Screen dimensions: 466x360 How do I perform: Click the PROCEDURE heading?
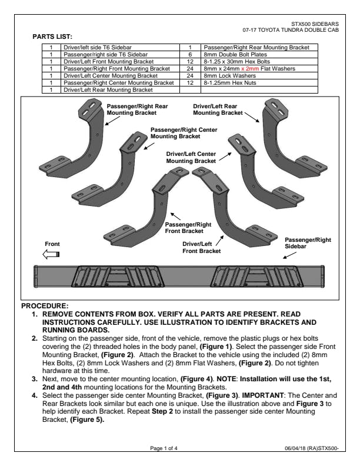[45, 306]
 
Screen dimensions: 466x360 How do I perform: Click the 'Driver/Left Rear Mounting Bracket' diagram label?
[218, 109]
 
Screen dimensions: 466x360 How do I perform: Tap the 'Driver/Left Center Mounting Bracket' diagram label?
[192, 157]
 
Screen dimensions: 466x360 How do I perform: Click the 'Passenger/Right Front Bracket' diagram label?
[188, 228]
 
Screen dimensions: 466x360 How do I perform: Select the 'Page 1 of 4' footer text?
[164, 448]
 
